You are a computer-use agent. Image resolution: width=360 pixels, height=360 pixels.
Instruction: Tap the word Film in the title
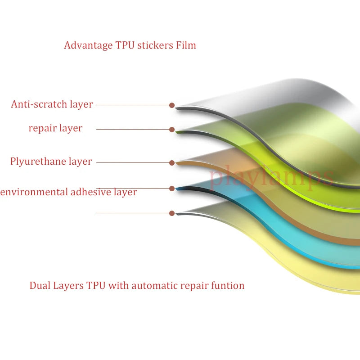pos(186,45)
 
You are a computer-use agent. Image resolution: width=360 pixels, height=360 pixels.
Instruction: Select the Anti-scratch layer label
pos(52,104)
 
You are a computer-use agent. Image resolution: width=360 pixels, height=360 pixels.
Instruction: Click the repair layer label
pos(55,128)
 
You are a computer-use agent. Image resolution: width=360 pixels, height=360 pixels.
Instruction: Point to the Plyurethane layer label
pos(51,162)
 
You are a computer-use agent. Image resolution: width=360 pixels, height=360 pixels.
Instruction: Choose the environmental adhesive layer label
pos(68,192)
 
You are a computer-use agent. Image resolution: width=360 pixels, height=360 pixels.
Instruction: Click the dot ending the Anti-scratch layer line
pos(172,105)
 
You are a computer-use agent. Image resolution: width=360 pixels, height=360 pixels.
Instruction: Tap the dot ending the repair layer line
pos(172,130)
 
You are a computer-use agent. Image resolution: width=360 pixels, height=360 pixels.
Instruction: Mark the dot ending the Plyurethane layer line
pos(172,162)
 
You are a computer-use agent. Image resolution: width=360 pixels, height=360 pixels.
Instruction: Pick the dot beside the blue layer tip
pos(172,188)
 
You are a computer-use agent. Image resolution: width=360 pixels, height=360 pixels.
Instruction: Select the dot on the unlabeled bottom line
pos(172,213)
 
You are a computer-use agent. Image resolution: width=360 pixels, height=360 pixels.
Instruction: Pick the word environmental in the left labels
pos(34,192)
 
